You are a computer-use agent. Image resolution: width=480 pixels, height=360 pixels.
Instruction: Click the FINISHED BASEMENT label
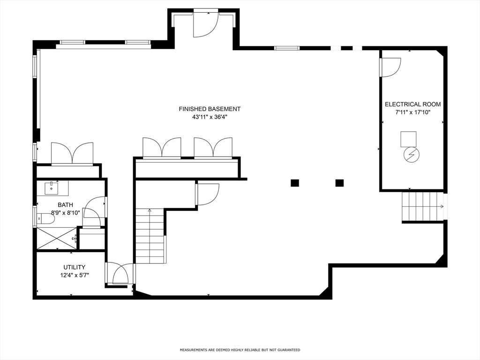pos(210,109)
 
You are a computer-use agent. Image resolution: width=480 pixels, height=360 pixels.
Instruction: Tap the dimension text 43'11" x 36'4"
pos(210,117)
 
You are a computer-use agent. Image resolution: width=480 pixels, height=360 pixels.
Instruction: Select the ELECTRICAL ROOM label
pos(412,104)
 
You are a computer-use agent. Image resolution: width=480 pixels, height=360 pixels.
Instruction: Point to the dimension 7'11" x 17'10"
pos(412,112)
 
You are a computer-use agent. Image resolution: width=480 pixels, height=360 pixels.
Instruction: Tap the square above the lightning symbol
pos(408,139)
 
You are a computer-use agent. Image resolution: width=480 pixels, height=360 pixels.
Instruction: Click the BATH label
pos(65,205)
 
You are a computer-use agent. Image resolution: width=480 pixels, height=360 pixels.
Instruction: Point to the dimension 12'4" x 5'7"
pos(75,275)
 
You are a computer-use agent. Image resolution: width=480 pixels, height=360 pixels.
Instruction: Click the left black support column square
pos(294,183)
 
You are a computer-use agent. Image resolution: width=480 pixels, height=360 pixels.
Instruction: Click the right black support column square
pos(339,183)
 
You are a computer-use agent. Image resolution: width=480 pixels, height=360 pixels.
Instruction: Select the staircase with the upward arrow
pos(150,237)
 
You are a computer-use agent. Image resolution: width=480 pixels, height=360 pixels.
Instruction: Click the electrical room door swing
pos(390,67)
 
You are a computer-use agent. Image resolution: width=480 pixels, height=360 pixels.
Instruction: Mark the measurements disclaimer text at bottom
pos(240,350)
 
